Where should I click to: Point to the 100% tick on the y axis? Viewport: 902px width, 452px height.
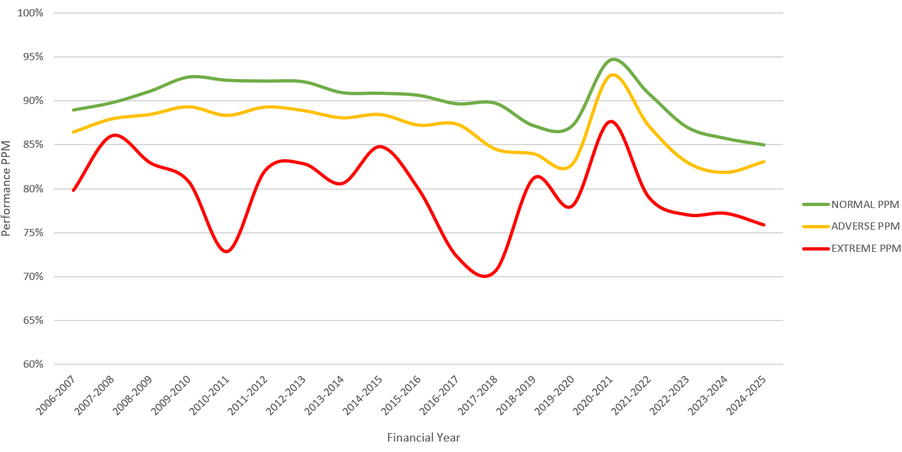click(29, 13)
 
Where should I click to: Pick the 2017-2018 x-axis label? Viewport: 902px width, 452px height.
click(479, 395)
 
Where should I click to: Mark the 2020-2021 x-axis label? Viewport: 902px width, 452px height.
click(594, 395)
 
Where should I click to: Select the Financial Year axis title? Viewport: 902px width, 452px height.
click(423, 438)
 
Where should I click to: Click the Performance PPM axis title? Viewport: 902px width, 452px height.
click(7, 189)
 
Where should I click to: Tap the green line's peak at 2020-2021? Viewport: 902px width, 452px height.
click(613, 60)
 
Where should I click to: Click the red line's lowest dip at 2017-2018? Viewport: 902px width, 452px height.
click(485, 276)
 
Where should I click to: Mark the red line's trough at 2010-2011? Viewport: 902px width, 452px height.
click(227, 251)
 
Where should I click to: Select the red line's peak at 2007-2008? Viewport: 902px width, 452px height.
click(114, 135)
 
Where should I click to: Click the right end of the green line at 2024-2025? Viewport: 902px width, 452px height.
click(764, 145)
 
